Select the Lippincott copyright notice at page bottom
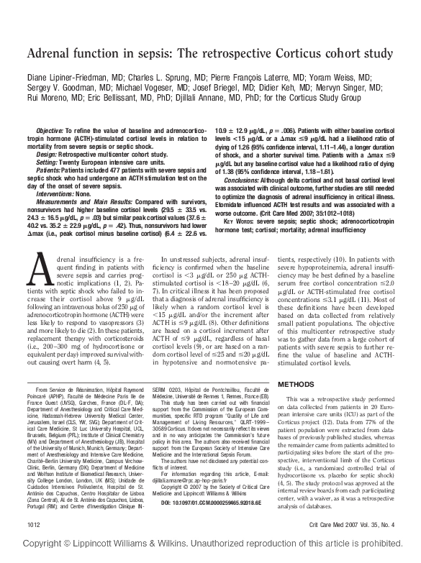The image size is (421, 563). [210, 557]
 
